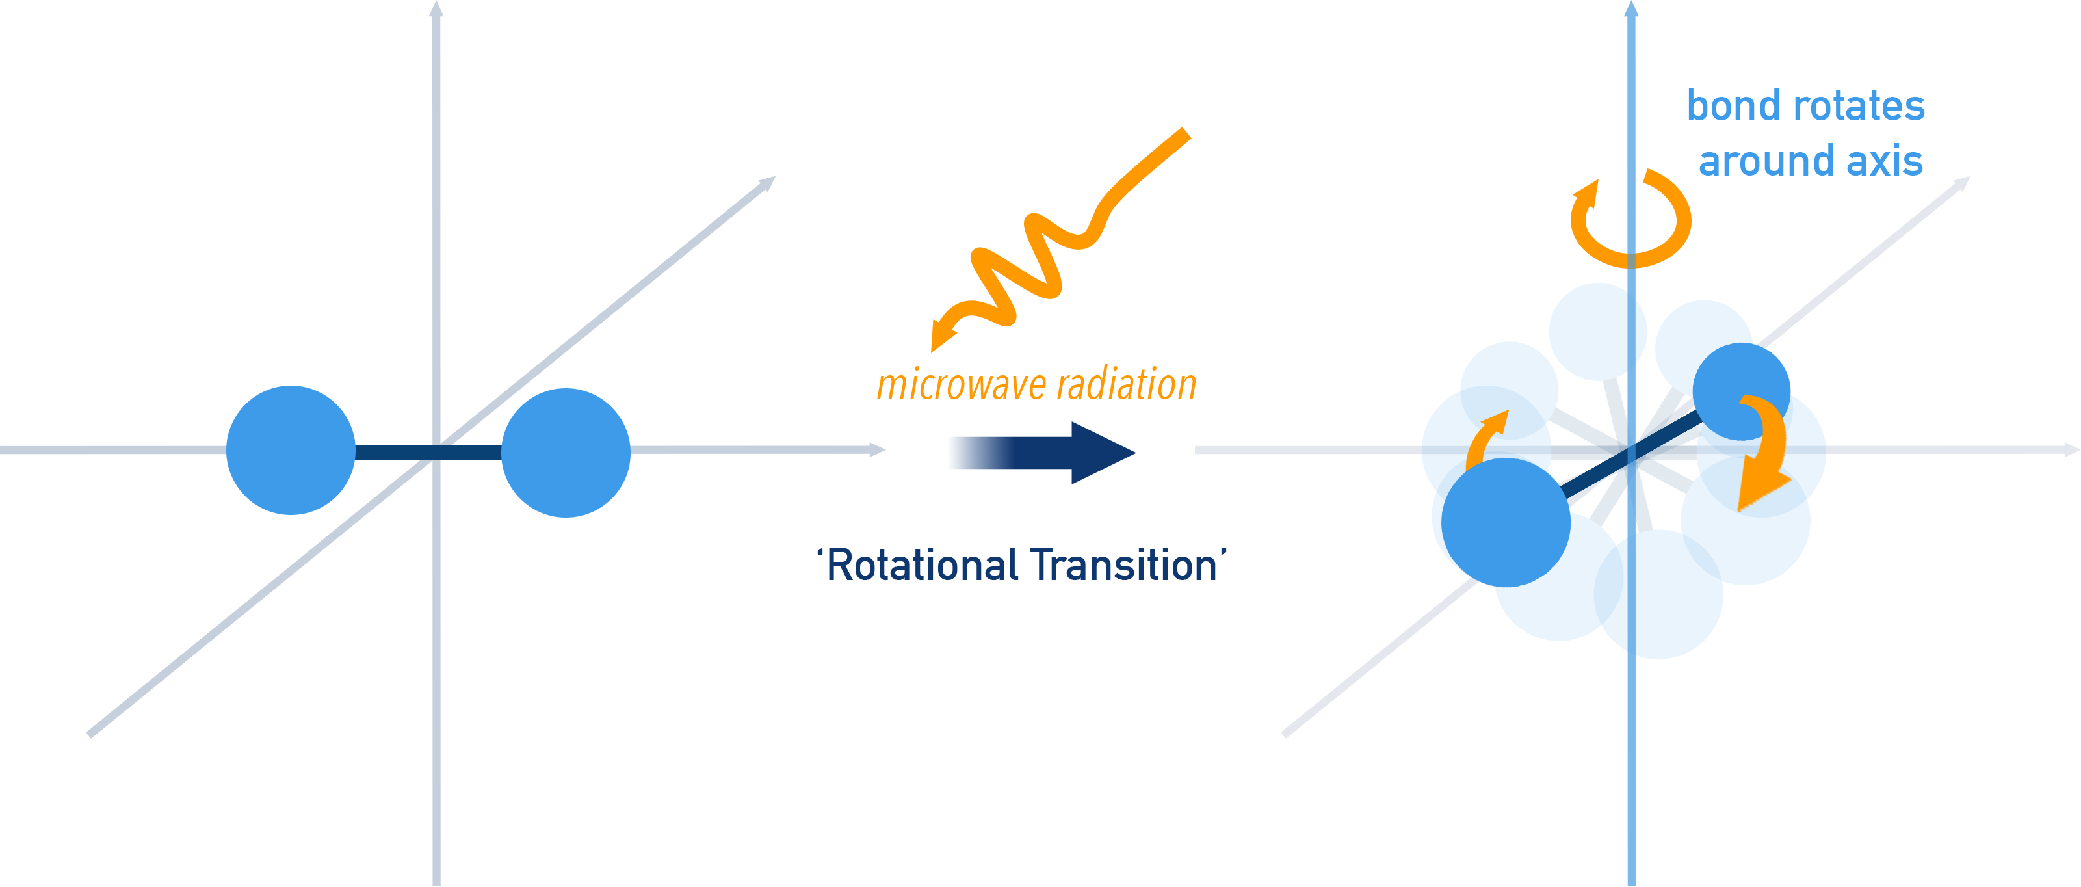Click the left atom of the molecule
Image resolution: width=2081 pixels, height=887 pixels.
pos(291,450)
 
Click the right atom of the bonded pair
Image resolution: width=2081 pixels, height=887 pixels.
pos(566,453)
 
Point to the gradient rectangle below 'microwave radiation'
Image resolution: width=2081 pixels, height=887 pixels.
pos(1042,453)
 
